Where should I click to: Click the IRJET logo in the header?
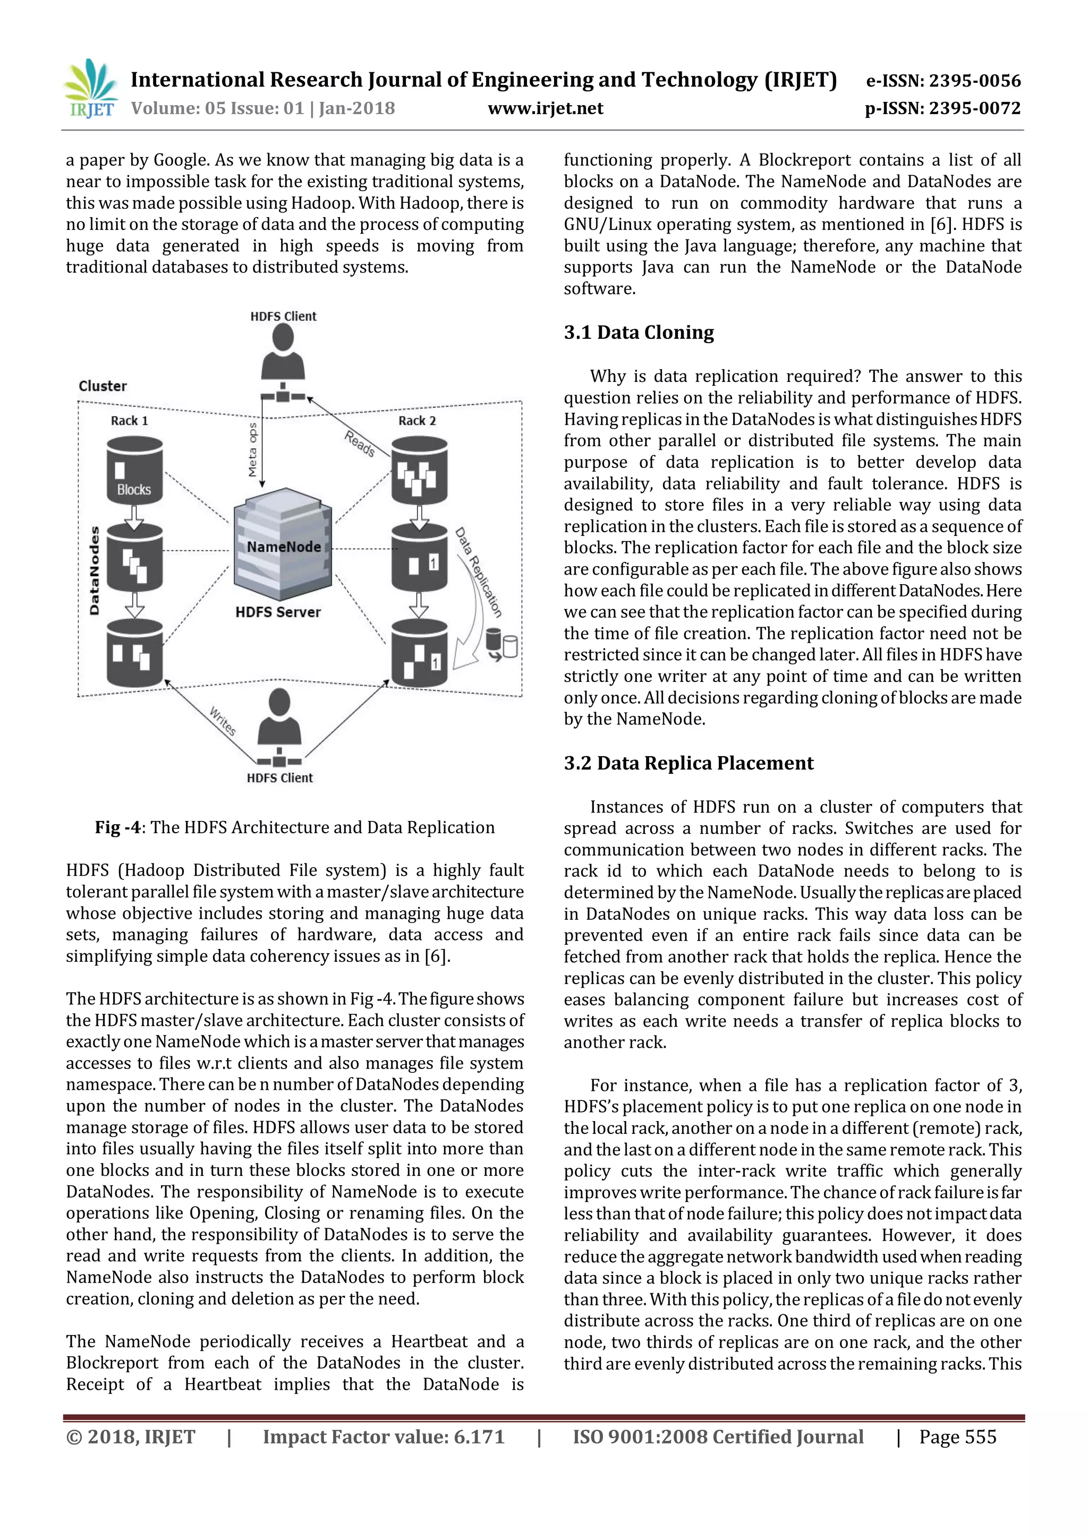pyautogui.click(x=90, y=89)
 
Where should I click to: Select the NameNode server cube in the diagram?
pyautogui.click(x=282, y=544)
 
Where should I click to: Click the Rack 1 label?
pyautogui.click(x=129, y=421)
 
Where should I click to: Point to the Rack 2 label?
pyautogui.click(x=416, y=421)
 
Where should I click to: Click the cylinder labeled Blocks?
pyautogui.click(x=134, y=470)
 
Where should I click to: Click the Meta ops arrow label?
pyautogui.click(x=252, y=449)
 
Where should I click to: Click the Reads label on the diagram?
pyautogui.click(x=360, y=443)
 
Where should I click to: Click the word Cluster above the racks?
pyautogui.click(x=103, y=386)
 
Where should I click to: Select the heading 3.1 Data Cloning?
pyautogui.click(x=639, y=332)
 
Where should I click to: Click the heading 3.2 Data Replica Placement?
pyautogui.click(x=688, y=763)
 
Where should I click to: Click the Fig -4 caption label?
pyautogui.click(x=118, y=827)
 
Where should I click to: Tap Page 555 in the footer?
pyautogui.click(x=957, y=1437)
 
